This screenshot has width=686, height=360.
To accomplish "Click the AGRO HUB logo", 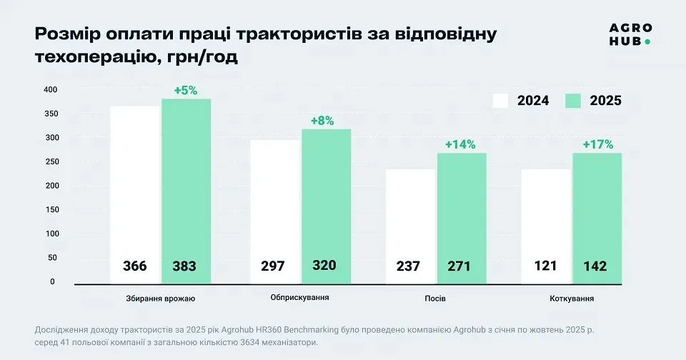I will [x=630, y=34].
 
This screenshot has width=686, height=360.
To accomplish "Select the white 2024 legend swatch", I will [x=509, y=101].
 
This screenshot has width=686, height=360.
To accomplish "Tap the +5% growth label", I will [x=186, y=91].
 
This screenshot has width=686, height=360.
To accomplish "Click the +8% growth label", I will [x=322, y=121].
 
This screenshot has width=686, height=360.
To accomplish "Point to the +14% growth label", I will [x=460, y=144].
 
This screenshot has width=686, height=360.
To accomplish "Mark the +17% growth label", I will [x=598, y=144].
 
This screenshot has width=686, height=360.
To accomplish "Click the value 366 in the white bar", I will [x=134, y=266].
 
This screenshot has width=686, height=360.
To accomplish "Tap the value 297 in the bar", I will [x=272, y=266].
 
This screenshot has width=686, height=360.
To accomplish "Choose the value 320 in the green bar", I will [x=325, y=266].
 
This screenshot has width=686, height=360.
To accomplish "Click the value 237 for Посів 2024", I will [x=409, y=266].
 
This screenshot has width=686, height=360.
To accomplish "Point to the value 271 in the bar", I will [x=461, y=266].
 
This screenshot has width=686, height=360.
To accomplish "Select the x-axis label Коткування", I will [x=572, y=297].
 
